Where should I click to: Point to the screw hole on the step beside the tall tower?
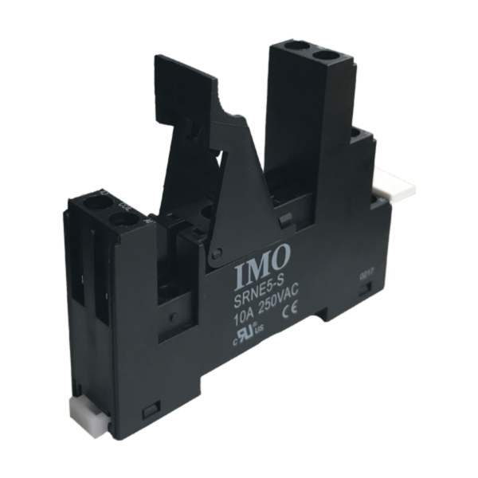click(358, 132)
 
